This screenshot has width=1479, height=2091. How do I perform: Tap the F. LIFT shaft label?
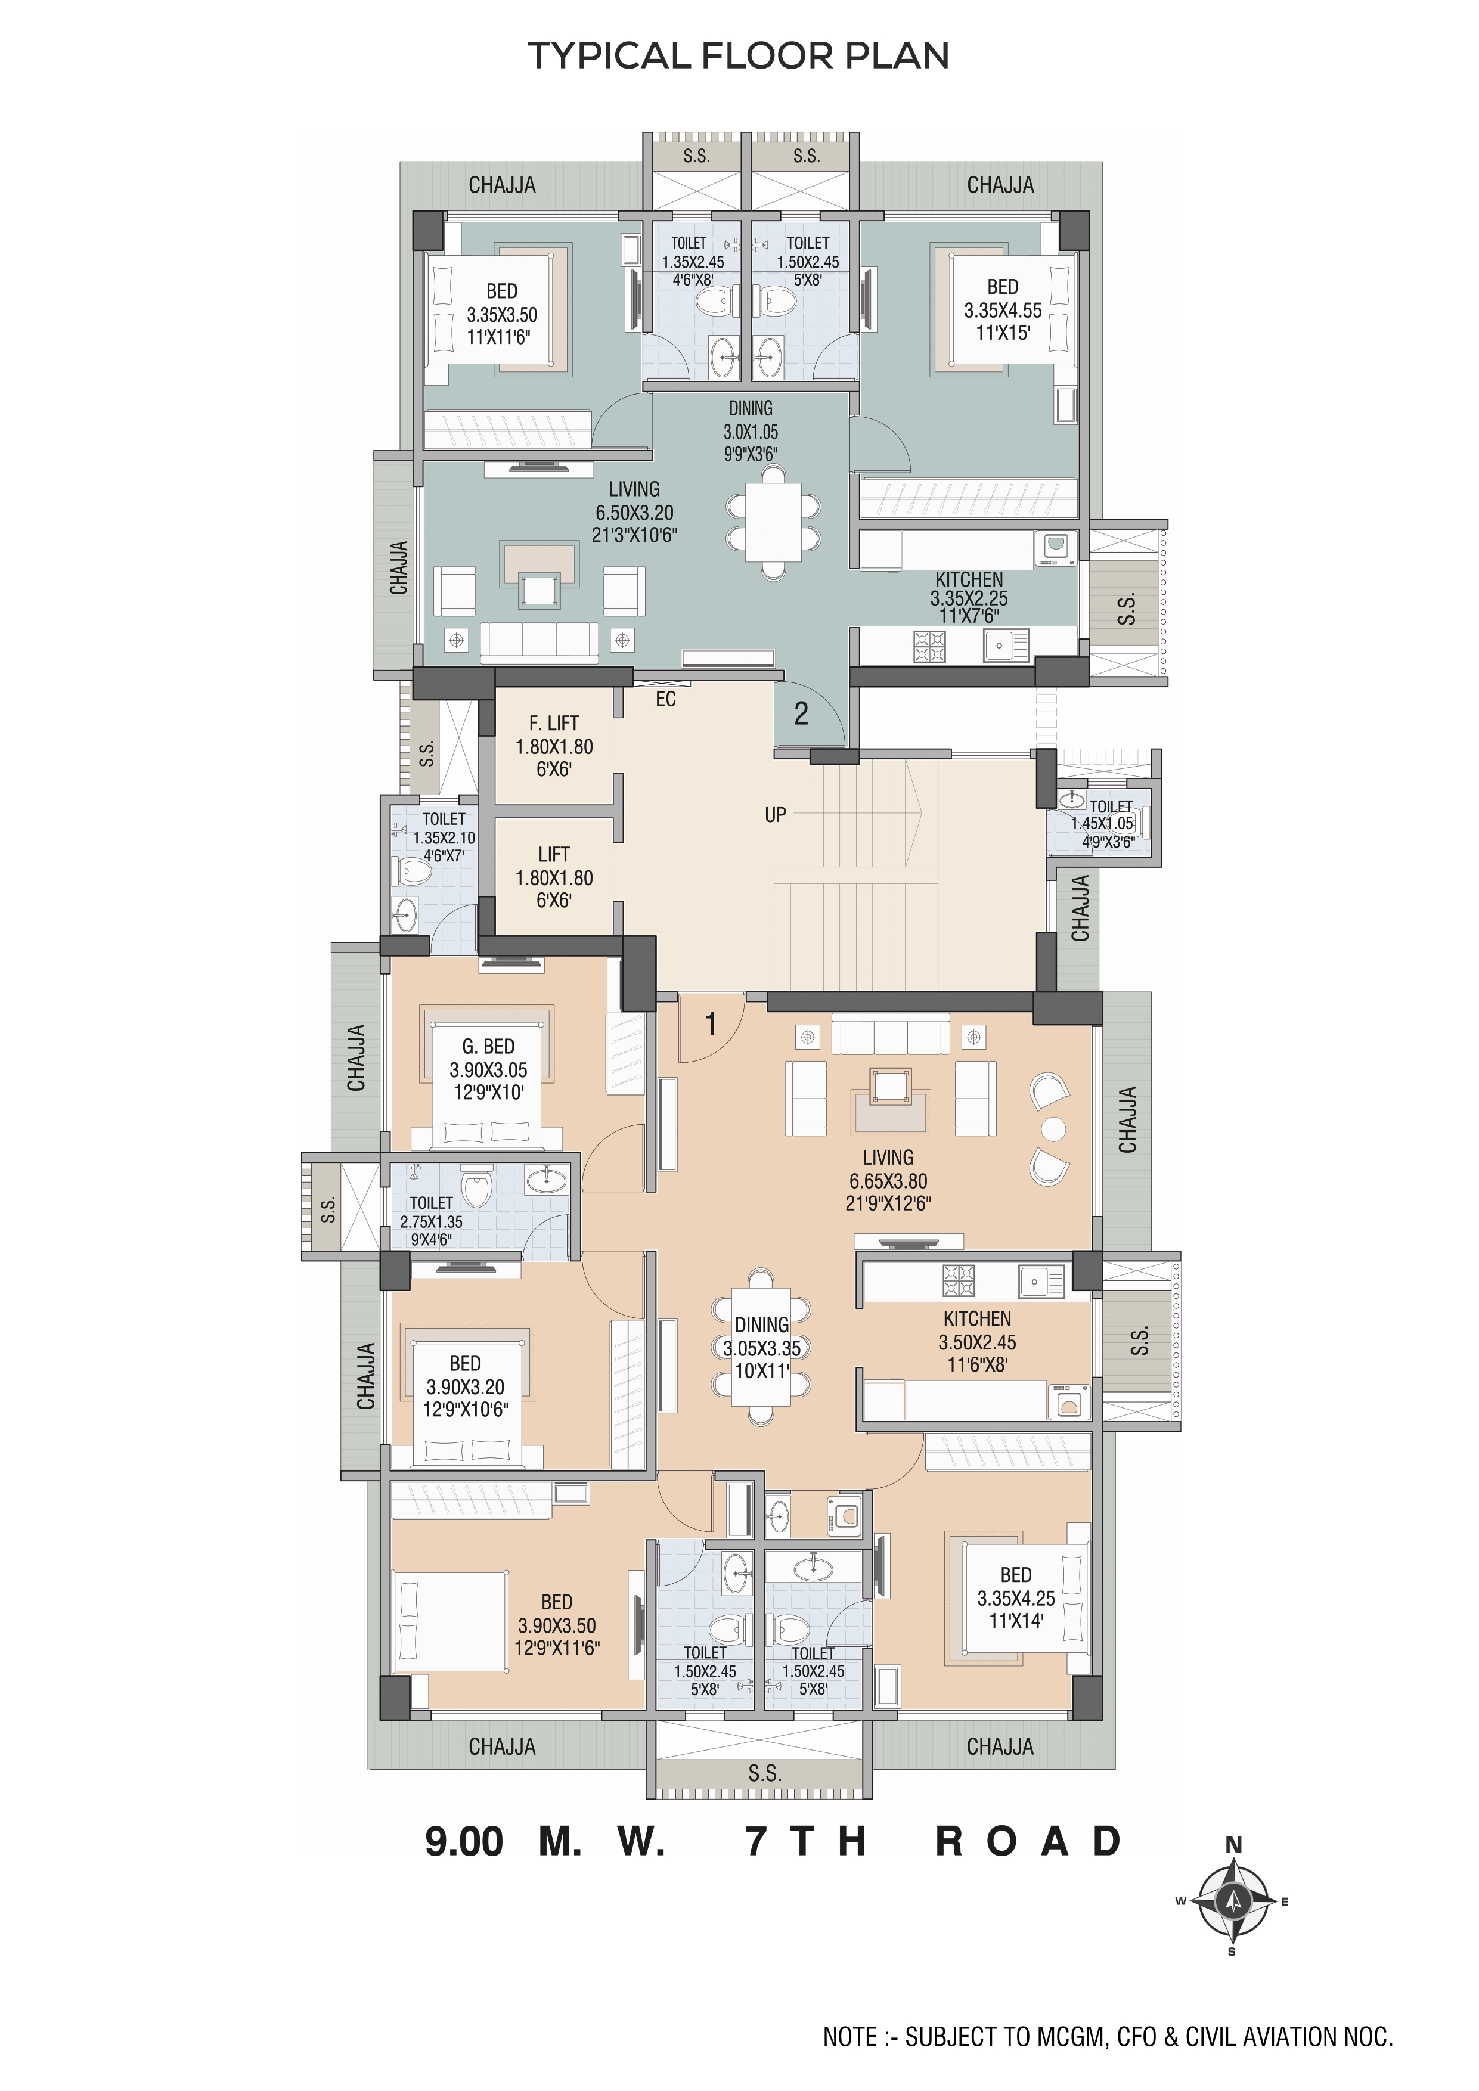[x=554, y=723]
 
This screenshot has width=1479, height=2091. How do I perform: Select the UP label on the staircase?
[x=775, y=815]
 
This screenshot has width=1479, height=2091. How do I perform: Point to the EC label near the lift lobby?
[x=666, y=699]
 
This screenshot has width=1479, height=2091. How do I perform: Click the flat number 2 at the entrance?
[x=801, y=713]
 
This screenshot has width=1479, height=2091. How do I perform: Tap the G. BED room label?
[x=488, y=1047]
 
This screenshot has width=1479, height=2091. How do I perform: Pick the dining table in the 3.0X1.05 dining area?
[x=773, y=522]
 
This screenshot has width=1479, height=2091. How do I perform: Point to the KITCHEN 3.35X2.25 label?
[x=969, y=597]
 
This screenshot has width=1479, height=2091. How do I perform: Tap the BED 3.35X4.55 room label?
[x=1003, y=309]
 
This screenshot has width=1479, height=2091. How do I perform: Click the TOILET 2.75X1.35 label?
[x=431, y=1221]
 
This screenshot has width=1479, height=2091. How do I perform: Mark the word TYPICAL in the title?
[x=610, y=57]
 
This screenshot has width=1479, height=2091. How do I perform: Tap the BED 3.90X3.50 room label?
[x=556, y=1625]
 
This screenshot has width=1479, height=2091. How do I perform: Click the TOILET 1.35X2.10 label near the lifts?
[x=444, y=838]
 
